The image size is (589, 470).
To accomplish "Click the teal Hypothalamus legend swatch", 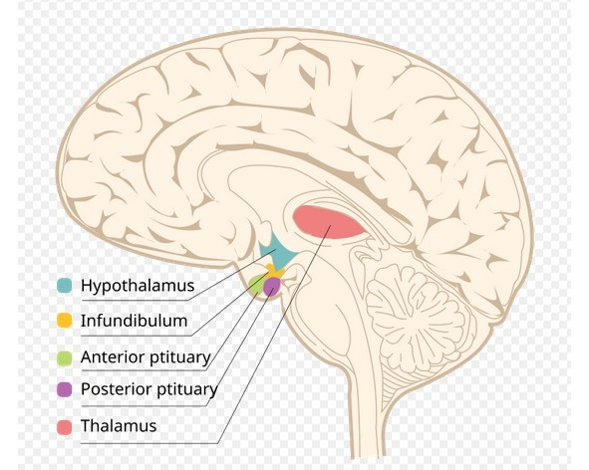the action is (64, 286).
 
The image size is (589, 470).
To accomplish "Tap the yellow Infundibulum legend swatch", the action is (64, 321).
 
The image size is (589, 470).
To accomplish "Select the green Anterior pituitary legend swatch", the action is (64, 357).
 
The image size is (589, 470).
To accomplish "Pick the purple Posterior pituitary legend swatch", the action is (64, 389).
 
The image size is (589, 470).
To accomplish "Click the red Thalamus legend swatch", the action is (64, 427).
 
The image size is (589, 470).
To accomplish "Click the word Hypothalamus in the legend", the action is (138, 286).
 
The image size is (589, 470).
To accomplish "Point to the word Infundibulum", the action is (135, 321).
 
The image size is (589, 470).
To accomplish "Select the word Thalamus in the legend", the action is (119, 426).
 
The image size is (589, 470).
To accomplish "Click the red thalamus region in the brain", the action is (329, 222).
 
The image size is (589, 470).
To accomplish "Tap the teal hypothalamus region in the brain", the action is (277, 252).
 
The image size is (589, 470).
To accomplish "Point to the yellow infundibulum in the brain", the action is (274, 271).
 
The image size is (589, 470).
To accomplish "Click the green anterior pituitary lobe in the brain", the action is (257, 285).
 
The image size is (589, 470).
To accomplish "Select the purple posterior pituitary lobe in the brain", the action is (272, 287).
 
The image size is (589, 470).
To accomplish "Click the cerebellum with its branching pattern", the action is (415, 319).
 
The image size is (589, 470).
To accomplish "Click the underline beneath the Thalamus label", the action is (149, 443).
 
